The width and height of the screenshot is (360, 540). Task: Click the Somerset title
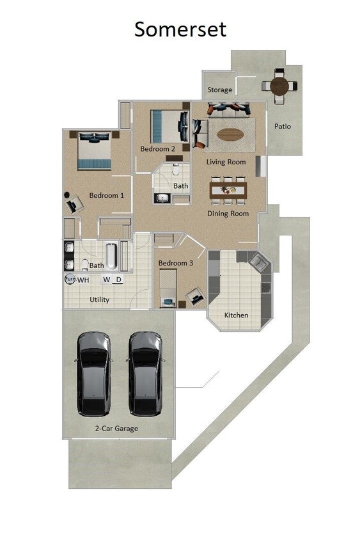(180, 29)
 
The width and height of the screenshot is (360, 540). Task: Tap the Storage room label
(219, 90)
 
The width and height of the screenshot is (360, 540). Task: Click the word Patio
(283, 126)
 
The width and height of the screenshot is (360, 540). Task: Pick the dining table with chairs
(228, 189)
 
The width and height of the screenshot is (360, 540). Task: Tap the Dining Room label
(228, 214)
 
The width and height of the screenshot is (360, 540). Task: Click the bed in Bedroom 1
(94, 150)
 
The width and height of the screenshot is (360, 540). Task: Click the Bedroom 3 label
(176, 263)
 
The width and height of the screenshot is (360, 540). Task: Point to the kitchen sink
(259, 262)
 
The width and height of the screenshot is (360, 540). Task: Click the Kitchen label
(236, 315)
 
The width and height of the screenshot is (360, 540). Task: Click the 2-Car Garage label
(116, 429)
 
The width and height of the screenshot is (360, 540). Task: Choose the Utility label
(99, 299)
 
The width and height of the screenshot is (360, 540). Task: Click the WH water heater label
(84, 280)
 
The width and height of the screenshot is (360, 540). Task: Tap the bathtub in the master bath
(111, 256)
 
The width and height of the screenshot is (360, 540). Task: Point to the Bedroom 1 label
(106, 195)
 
